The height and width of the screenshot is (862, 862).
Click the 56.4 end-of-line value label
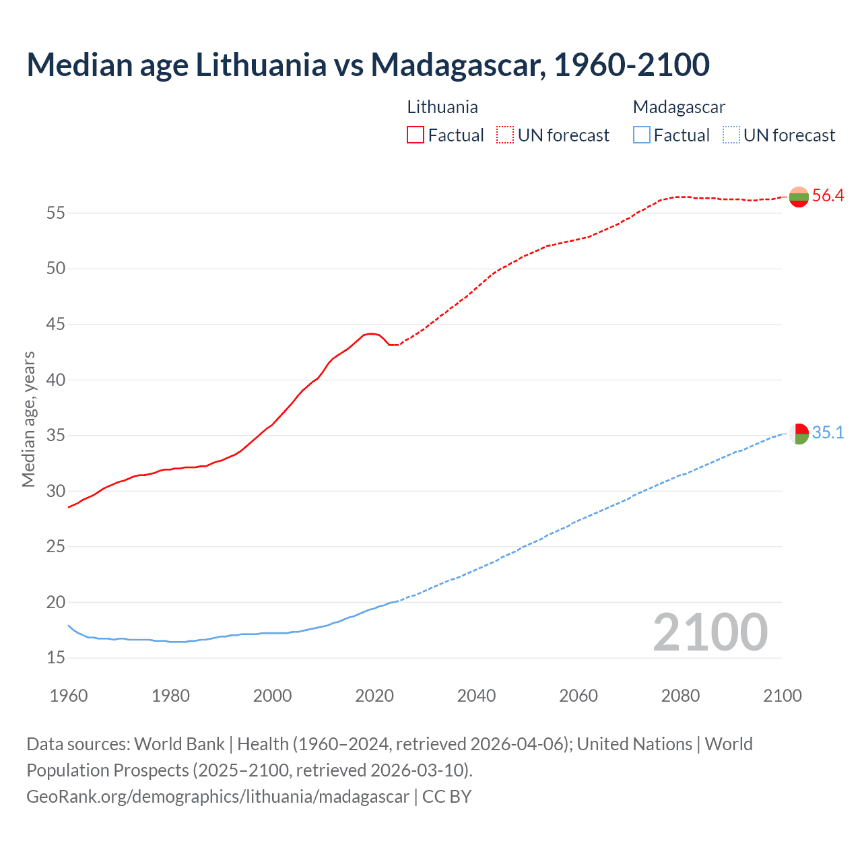point(828,196)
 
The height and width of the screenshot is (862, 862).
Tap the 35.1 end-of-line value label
point(828,433)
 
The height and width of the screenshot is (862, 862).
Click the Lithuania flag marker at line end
point(799,197)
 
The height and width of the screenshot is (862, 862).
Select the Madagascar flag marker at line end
point(799,434)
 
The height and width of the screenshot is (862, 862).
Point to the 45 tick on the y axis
point(56,325)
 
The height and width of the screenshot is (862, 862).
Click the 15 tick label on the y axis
point(56,658)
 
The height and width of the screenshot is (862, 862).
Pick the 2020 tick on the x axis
point(374,696)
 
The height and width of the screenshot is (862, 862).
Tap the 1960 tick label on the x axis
point(69,696)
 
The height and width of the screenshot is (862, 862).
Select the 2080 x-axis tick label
point(680,696)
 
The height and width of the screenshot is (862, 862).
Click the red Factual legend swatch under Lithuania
point(416,135)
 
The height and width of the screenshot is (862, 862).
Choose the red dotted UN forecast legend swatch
point(505,135)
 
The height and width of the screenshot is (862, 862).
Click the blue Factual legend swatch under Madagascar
point(642,135)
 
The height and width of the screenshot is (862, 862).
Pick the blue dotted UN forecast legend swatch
point(731,135)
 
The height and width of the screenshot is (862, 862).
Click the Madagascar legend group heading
point(679,107)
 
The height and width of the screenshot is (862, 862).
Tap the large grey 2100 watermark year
point(710,632)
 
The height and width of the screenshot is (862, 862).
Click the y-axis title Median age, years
point(28,419)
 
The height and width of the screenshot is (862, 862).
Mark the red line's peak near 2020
point(371,333)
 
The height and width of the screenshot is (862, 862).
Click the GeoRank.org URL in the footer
point(218,797)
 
